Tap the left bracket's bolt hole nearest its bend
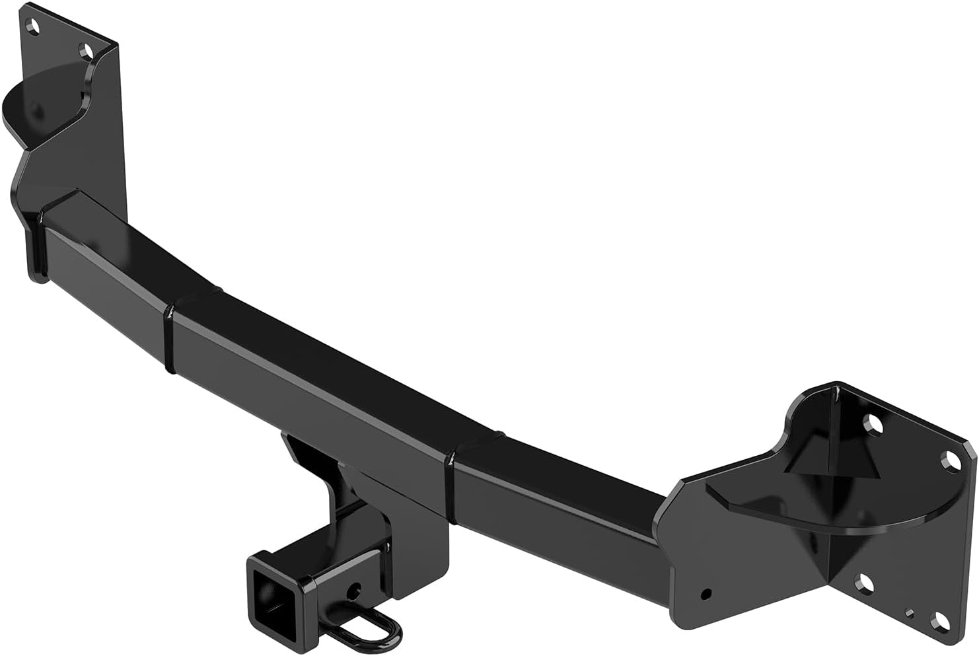click(x=85, y=50)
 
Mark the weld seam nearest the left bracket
click(x=170, y=337)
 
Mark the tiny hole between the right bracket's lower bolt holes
click(x=910, y=612)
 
